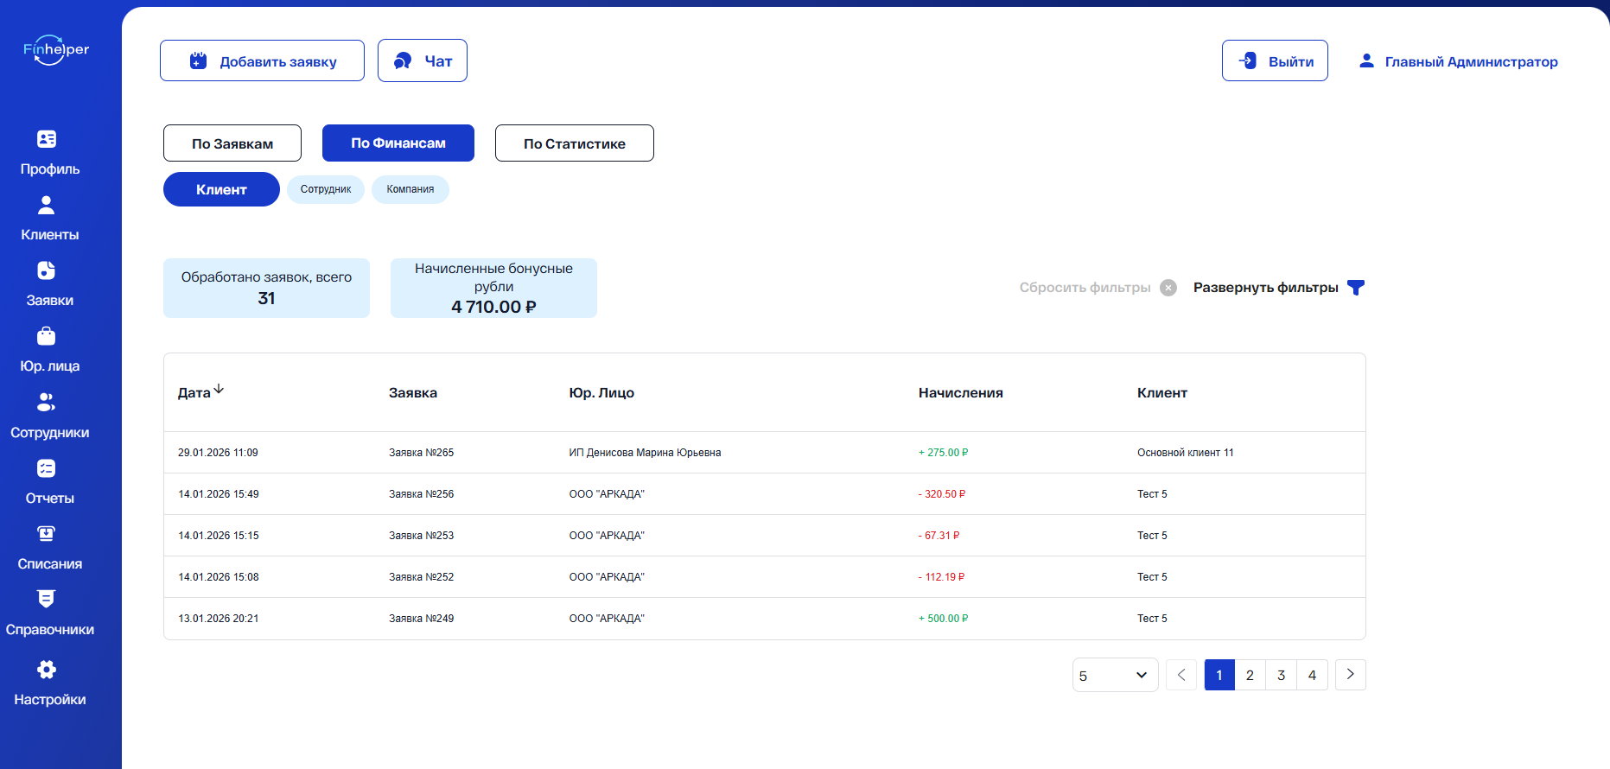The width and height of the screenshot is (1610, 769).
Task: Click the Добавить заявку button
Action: point(262,60)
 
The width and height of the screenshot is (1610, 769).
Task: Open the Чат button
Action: point(423,60)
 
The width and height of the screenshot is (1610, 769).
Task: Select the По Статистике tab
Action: point(575,143)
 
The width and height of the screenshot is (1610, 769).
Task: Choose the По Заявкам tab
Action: point(232,143)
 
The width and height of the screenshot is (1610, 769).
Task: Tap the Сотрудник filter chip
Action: point(326,189)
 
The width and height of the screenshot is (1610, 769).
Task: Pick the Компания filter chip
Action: point(410,189)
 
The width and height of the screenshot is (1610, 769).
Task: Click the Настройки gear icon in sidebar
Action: point(47,670)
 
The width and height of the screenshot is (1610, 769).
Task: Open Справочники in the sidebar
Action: point(50,613)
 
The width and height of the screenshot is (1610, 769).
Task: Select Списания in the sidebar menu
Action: point(50,548)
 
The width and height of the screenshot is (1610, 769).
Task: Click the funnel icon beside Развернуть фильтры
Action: point(1356,288)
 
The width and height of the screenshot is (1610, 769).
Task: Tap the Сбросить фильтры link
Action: point(1085,288)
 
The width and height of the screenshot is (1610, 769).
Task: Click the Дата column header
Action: point(194,393)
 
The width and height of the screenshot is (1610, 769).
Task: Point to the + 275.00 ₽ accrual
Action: point(944,453)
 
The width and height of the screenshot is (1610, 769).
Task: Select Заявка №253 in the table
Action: point(422,536)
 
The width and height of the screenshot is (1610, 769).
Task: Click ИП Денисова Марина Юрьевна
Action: point(645,453)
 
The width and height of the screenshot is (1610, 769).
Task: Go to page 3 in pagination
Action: point(1282,675)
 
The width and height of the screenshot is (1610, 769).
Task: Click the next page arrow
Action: point(1351,675)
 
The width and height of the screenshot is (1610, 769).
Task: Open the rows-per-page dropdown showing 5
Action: point(1115,675)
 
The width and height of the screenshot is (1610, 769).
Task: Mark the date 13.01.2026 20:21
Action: point(219,619)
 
